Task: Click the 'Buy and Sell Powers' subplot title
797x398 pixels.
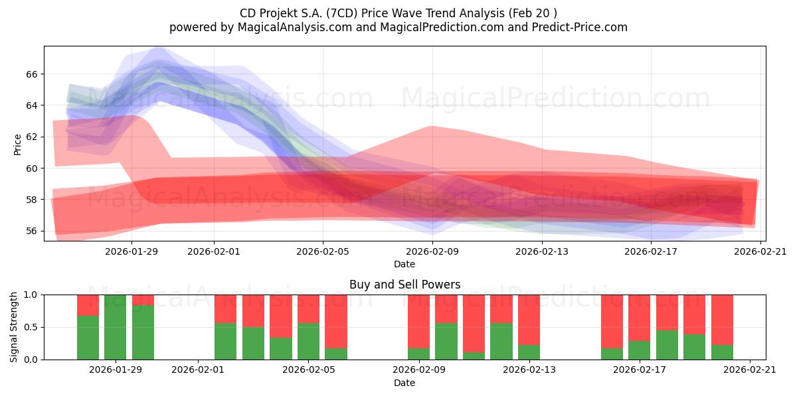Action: click(404, 285)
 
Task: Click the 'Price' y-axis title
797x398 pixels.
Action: click(18, 144)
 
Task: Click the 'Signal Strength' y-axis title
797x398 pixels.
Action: click(14, 327)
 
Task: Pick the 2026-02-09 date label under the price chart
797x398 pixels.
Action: click(432, 251)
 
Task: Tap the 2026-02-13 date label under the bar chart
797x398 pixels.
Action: click(529, 370)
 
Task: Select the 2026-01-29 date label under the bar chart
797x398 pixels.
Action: click(116, 370)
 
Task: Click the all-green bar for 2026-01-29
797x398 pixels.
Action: click(116, 327)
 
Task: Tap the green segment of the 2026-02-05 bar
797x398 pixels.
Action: click(308, 342)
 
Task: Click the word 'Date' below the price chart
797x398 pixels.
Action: click(404, 264)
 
